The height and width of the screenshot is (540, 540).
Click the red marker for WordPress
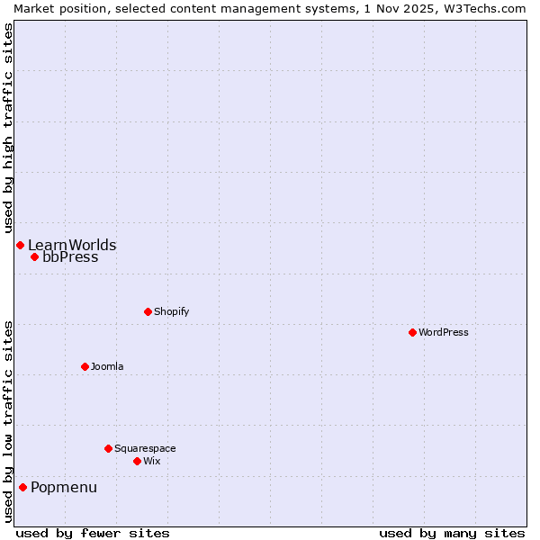[x=412, y=332]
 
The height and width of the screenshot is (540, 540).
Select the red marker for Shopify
[x=148, y=311]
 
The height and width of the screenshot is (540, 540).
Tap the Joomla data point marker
[x=85, y=366]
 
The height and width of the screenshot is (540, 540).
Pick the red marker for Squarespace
[x=108, y=448]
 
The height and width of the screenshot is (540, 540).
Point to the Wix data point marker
[x=137, y=461]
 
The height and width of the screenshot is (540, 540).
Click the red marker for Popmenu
[x=22, y=488]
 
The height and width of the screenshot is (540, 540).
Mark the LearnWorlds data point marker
[x=20, y=245]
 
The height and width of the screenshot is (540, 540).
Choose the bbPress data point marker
[x=34, y=257]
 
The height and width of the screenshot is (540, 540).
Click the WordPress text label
[x=444, y=332]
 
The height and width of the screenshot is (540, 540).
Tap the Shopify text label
[x=171, y=311]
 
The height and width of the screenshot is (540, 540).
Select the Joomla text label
[x=107, y=366]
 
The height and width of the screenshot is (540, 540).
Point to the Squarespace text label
[x=145, y=448]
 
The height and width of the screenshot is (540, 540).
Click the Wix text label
[x=152, y=461]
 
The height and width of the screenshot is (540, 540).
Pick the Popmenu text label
[x=64, y=488]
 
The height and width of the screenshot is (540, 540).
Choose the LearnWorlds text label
[x=72, y=245]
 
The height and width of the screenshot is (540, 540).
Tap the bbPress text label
[x=70, y=257]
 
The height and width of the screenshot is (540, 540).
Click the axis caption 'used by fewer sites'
[x=93, y=533]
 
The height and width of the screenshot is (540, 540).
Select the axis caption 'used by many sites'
[x=452, y=533]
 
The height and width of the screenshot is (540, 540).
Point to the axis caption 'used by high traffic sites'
[x=8, y=123]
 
